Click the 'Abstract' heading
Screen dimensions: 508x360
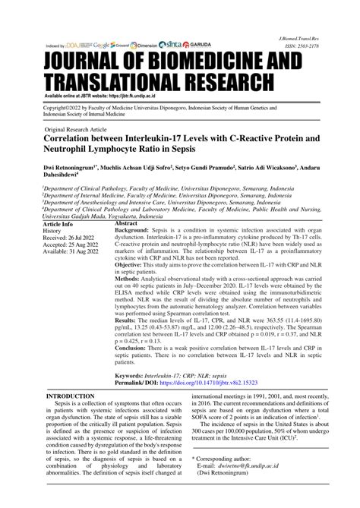[126, 204]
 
